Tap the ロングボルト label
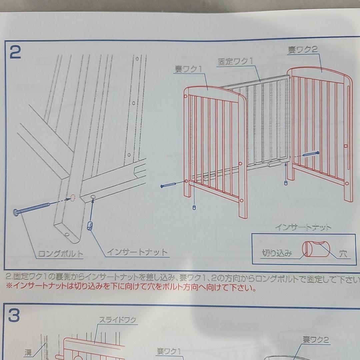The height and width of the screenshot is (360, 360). pyautogui.click(x=60, y=254)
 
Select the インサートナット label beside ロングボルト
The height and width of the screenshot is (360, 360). pyautogui.click(x=137, y=252)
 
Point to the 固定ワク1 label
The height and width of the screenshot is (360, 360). pyautogui.click(x=236, y=62)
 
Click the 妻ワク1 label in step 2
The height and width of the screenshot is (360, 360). pyautogui.click(x=188, y=69)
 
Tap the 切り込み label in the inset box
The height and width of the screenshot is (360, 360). pyautogui.click(x=277, y=254)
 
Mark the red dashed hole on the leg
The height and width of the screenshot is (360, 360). pyautogui.click(x=72, y=198)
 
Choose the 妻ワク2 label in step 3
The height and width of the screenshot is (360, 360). pyautogui.click(x=316, y=340)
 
